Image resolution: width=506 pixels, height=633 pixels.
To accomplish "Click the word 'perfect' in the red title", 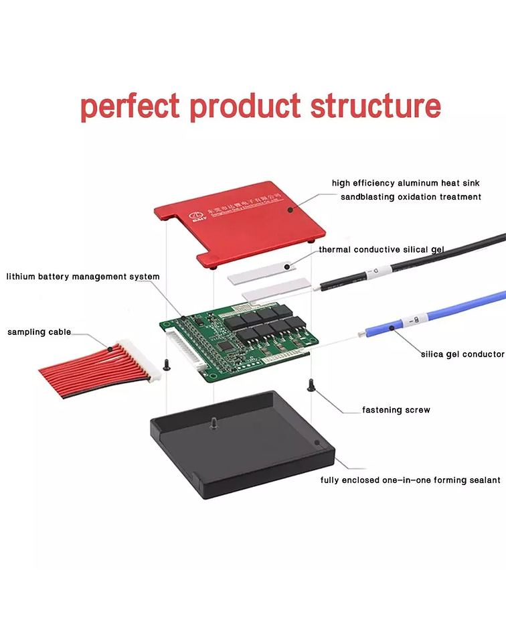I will pyautogui.click(x=130, y=107).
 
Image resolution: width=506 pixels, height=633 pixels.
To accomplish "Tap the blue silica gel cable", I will pyautogui.click(x=435, y=314).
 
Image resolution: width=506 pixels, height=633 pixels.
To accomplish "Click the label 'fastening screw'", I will pyautogui.click(x=396, y=409).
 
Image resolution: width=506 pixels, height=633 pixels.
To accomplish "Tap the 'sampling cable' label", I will pyautogui.click(x=39, y=332).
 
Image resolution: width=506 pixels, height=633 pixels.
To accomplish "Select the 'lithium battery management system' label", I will pyautogui.click(x=83, y=276).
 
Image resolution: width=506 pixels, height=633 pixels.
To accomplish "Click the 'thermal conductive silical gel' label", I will pyautogui.click(x=381, y=250).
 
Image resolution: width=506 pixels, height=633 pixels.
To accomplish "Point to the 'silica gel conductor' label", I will pyautogui.click(x=462, y=354).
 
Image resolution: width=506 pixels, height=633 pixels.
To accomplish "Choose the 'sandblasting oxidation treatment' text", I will pyautogui.click(x=410, y=197).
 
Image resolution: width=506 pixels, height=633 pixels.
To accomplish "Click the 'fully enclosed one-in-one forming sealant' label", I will pyautogui.click(x=410, y=480).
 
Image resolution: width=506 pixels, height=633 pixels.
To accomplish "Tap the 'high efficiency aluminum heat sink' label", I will pyautogui.click(x=406, y=183).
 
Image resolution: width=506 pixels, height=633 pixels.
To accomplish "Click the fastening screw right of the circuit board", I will pyautogui.click(x=311, y=385).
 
